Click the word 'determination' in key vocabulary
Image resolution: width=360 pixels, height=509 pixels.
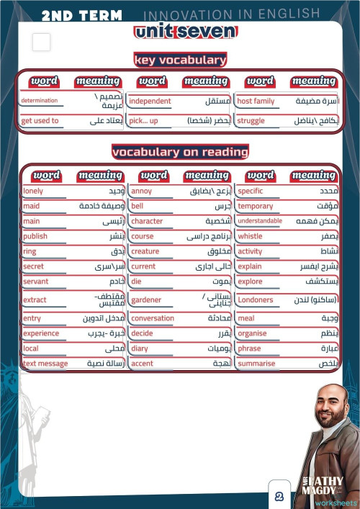[40, 102]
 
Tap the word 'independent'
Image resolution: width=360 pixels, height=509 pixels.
[150, 102]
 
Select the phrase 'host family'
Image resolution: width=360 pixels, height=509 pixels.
[256, 102]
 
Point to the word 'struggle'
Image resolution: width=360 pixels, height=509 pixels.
[251, 121]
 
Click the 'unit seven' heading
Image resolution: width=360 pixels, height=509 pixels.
[184, 32]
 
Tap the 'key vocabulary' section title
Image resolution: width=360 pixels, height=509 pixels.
[180, 60]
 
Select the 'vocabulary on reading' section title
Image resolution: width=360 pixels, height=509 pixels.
[180, 152]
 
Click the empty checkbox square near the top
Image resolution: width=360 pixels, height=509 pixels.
[41, 42]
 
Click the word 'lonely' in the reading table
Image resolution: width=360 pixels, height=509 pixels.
[33, 192]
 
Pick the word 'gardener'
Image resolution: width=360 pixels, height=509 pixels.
[146, 299]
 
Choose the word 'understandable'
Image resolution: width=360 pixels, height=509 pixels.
[260, 221]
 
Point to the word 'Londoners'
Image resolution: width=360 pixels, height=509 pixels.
[256, 299]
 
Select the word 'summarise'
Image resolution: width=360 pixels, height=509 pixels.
[256, 364]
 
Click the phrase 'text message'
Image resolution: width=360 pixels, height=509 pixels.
[45, 364]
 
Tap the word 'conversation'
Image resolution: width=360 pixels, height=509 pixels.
[153, 318]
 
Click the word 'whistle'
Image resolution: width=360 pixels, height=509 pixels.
[250, 236]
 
